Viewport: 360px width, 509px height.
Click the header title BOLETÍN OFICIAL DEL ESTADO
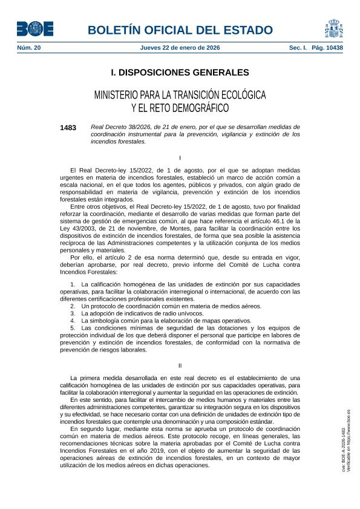click(180, 30)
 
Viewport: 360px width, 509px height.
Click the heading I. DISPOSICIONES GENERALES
click(180, 73)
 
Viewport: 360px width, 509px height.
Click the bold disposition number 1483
click(68, 128)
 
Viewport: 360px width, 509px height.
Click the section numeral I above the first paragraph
click(180, 157)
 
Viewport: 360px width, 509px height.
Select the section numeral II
click(180, 365)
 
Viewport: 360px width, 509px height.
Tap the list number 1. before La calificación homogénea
click(73, 284)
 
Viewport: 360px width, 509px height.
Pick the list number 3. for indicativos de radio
click(73, 313)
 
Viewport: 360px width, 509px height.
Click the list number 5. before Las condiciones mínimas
click(73, 328)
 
